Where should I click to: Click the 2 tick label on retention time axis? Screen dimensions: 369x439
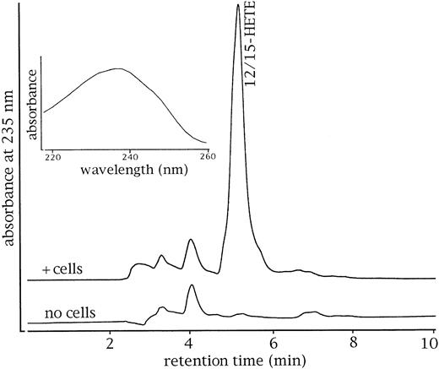(110, 344)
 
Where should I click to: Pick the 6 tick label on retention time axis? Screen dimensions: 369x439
(272, 344)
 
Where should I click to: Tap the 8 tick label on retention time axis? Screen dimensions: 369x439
(353, 344)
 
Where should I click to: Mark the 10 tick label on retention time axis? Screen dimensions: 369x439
(430, 344)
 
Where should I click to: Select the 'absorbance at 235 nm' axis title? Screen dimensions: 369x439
(11, 169)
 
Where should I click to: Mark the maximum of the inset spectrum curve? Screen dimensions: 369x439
(117, 69)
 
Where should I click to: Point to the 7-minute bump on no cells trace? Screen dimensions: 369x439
(312, 312)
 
